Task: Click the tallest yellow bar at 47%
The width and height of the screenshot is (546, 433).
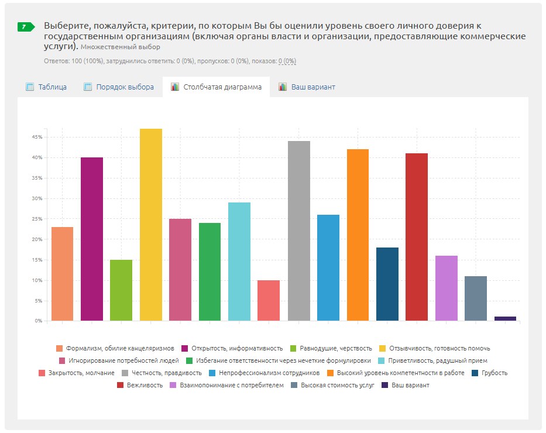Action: point(151,225)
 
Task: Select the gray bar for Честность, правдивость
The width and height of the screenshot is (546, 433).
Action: point(299,231)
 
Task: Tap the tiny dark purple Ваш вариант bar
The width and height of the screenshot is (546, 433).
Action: point(505,318)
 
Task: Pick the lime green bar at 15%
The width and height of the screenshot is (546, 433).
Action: point(121,290)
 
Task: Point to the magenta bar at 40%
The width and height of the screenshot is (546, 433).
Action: point(92,239)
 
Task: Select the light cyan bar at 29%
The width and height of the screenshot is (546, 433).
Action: point(239,262)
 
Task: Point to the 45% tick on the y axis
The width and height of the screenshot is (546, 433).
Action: point(37,137)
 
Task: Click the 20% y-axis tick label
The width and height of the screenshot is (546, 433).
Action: point(37,239)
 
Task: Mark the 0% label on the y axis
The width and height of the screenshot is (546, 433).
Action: point(38,321)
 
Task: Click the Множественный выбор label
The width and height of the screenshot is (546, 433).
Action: point(120,47)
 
